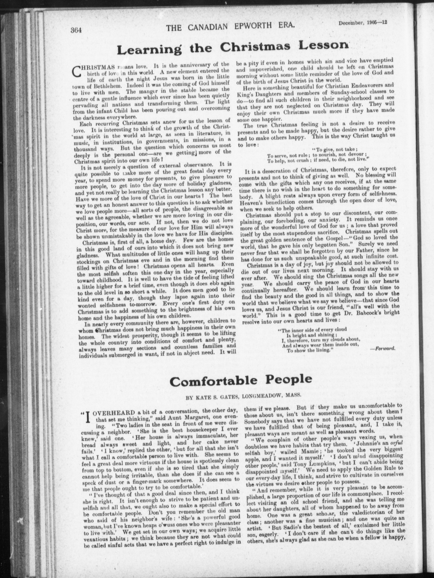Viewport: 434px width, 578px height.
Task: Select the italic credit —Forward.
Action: pyautogui.click(x=383, y=348)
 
